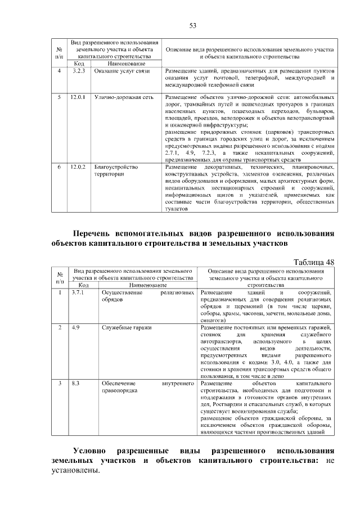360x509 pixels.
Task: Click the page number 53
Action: tap(192, 26)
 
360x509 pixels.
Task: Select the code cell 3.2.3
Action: tap(78, 71)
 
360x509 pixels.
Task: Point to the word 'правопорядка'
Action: tap(119, 390)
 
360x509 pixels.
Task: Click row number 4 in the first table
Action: tap(60, 71)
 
